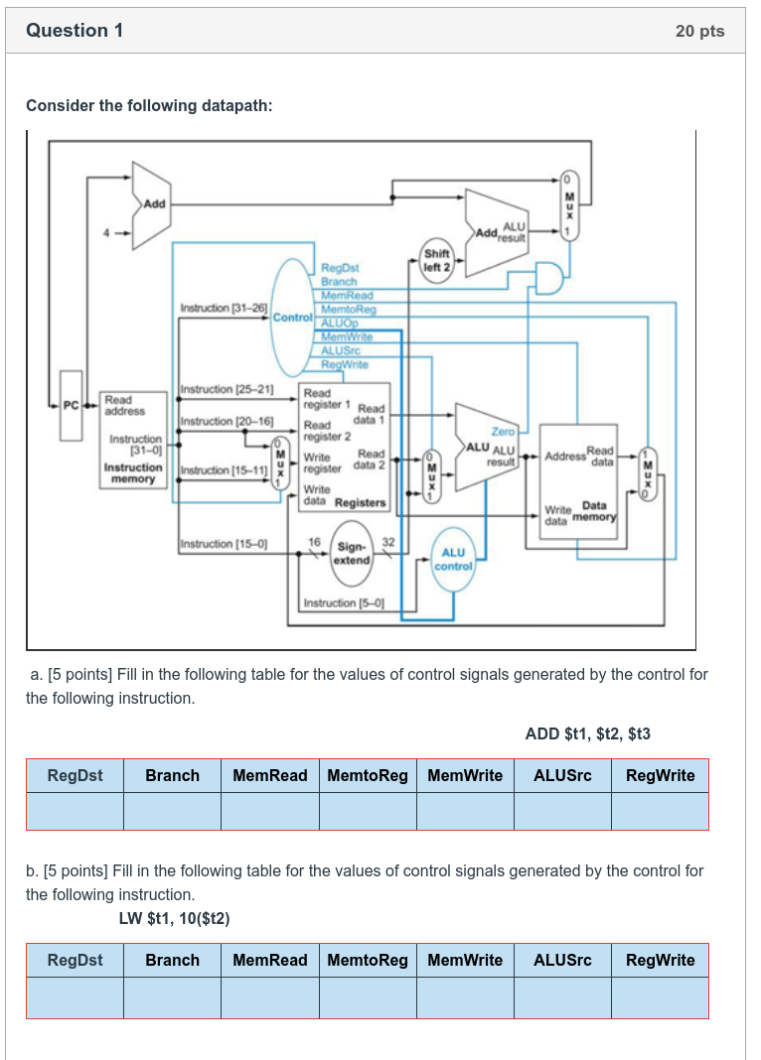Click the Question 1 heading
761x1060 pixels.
pyautogui.click(x=75, y=31)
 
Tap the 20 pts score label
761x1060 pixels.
pyautogui.click(x=699, y=31)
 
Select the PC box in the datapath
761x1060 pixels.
pyautogui.click(x=70, y=405)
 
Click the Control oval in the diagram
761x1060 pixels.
pyautogui.click(x=293, y=317)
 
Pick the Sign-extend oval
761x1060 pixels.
pyautogui.click(x=352, y=553)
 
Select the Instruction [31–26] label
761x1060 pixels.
pyautogui.click(x=224, y=310)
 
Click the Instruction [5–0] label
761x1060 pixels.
pyautogui.click(x=344, y=602)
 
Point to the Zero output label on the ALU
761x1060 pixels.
pyautogui.click(x=504, y=432)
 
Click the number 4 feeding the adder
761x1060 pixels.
pyautogui.click(x=112, y=233)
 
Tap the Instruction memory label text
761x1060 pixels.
pyautogui.click(x=133, y=472)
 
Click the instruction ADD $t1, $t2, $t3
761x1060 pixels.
pyautogui.click(x=587, y=734)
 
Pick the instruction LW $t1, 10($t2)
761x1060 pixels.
pyautogui.click(x=174, y=918)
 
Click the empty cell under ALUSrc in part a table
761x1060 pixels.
pyautogui.click(x=562, y=811)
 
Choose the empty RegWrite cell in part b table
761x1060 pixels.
pyautogui.click(x=660, y=997)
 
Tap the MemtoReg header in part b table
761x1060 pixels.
pyautogui.click(x=368, y=960)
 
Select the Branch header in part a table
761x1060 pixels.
pyautogui.click(x=172, y=775)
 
